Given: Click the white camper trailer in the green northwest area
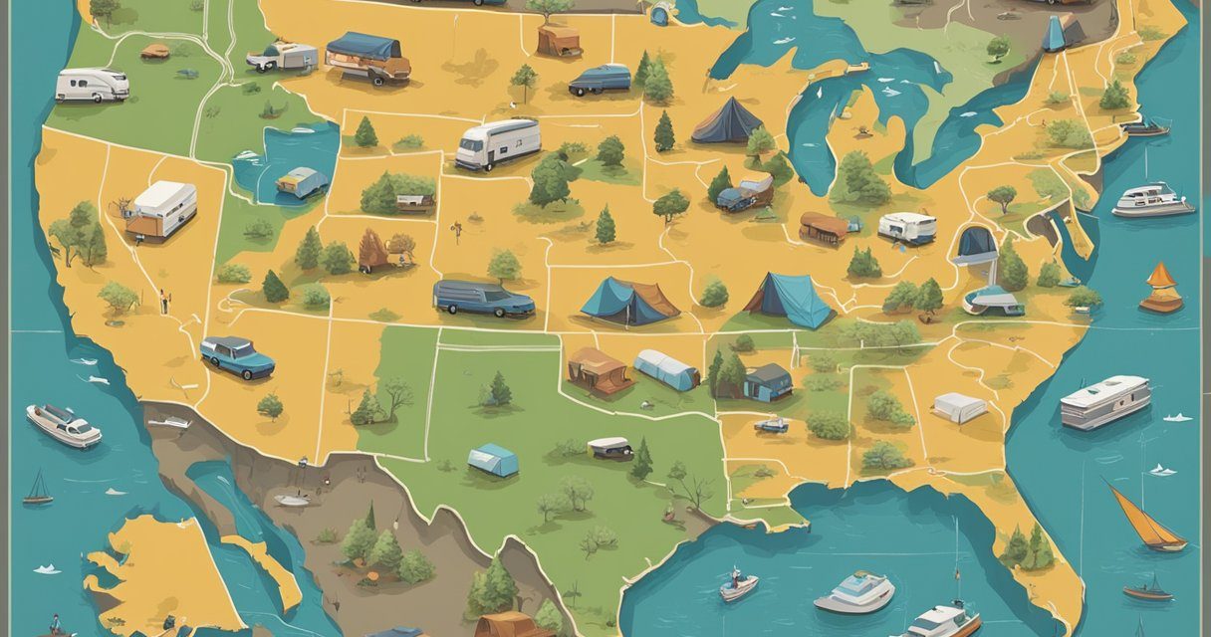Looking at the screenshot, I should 92,85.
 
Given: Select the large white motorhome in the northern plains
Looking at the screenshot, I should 497,143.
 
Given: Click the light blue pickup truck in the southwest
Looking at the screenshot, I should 237,355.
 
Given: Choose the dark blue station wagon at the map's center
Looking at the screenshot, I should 483,297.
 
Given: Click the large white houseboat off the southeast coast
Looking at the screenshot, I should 1104,401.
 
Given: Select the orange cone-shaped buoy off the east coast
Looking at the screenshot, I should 1161,289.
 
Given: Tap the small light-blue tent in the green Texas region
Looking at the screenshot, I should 493,459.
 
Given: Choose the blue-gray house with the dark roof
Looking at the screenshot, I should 768,381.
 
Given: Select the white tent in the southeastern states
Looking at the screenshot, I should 960,407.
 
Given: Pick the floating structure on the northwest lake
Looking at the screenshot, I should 301,181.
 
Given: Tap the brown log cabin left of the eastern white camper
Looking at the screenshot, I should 823,228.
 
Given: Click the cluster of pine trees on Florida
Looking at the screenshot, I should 1027,546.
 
